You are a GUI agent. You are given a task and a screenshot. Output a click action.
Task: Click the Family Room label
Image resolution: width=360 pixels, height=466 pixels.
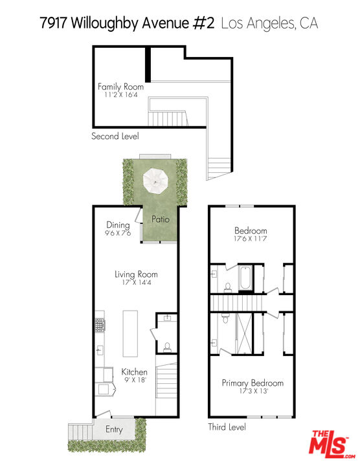(x=120, y=87)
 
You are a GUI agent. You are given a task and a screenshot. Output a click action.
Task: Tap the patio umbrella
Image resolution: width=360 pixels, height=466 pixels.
(x=155, y=179)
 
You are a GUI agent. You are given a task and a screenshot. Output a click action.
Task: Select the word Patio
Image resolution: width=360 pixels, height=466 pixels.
(x=161, y=219)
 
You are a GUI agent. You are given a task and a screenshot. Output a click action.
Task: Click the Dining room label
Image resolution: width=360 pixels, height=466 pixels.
(x=118, y=225)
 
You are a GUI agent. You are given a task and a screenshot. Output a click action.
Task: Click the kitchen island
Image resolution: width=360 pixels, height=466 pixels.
(x=130, y=333)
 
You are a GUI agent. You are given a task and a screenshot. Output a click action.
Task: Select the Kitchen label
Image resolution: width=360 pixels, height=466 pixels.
(x=135, y=372)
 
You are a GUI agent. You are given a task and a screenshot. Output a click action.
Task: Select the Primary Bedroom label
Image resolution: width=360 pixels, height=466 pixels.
(x=253, y=383)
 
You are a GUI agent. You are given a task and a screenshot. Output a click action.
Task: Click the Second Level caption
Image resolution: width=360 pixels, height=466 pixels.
(x=115, y=137)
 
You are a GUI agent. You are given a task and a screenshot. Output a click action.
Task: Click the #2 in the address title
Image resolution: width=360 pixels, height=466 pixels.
(x=203, y=24)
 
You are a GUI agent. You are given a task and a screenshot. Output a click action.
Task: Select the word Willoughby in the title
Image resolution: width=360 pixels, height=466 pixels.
(x=107, y=24)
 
